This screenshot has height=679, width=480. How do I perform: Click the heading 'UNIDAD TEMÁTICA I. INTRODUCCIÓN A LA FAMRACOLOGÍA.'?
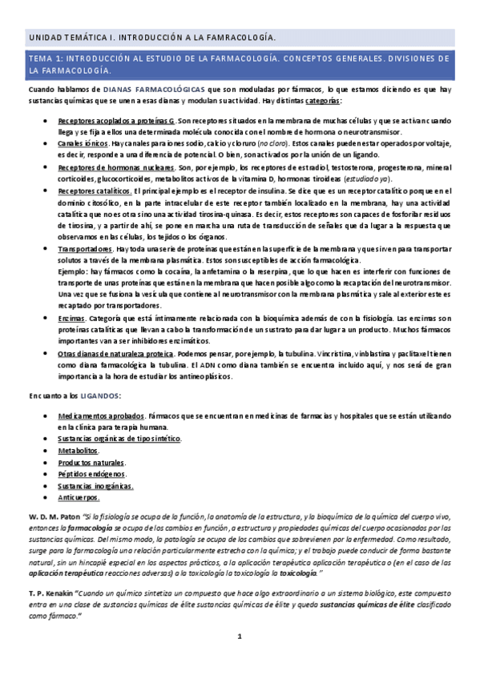coord(152,38)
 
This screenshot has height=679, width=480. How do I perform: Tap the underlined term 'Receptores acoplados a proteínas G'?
coord(115,120)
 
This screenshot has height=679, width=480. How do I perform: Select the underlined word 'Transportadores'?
coord(84,250)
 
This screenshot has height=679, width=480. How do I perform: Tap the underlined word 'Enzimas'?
coord(71,319)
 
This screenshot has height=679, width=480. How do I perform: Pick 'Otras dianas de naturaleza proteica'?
coord(115,354)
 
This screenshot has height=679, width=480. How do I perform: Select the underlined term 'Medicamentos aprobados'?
coord(100,416)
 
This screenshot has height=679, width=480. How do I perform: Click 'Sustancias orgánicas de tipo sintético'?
coord(119,440)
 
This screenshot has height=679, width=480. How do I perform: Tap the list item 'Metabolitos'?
coord(78,452)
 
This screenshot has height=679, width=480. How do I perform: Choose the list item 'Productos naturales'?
coord(91,463)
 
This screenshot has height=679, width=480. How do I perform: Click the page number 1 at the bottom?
coord(239,636)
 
